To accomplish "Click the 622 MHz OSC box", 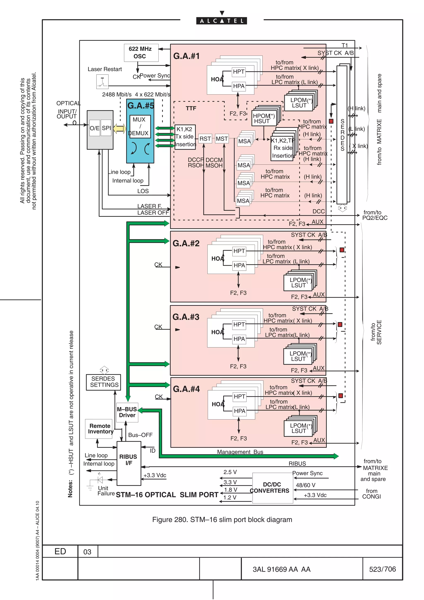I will (x=141, y=53).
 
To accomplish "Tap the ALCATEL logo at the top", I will (x=222, y=21).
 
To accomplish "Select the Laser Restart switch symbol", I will (x=102, y=82).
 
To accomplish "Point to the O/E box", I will (x=95, y=128).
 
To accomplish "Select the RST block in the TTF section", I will (x=205, y=139).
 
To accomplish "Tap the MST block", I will (x=222, y=139).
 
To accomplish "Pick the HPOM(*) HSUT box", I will (x=264, y=118).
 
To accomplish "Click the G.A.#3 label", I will (x=186, y=317).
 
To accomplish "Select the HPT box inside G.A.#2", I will (x=239, y=251).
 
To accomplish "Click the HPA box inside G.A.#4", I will (x=240, y=411).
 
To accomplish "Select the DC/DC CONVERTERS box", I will (x=272, y=488).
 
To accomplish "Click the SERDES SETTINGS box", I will (x=104, y=382).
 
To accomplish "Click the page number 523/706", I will (x=382, y=569).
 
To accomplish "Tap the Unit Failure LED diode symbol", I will (x=100, y=480).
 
